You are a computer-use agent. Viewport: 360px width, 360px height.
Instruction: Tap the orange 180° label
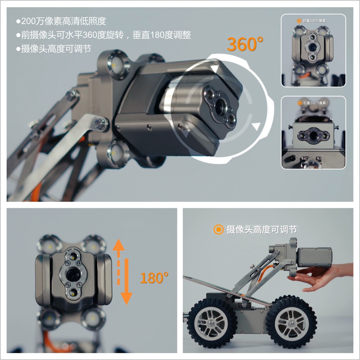[154, 278]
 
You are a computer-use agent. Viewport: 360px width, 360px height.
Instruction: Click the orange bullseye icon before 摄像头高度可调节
[218, 230]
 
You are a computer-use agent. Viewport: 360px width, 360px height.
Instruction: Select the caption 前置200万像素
[314, 21]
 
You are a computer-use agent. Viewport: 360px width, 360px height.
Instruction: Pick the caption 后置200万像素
[314, 103]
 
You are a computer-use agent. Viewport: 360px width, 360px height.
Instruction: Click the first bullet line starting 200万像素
[61, 21]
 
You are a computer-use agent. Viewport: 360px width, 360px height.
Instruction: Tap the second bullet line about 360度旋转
[103, 35]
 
